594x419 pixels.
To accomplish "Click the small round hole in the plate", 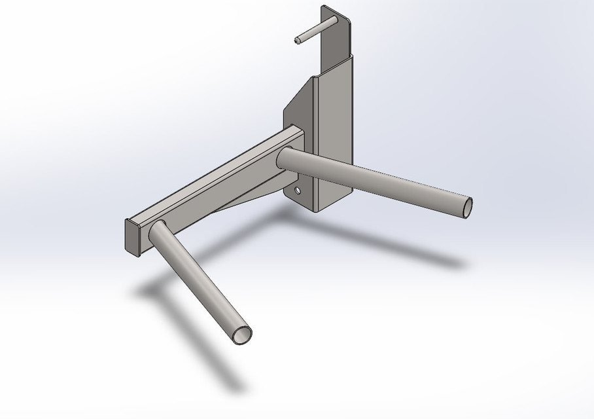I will point(298,191).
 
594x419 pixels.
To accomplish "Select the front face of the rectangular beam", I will point(216,190).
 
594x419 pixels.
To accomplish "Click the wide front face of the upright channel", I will point(334,131).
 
